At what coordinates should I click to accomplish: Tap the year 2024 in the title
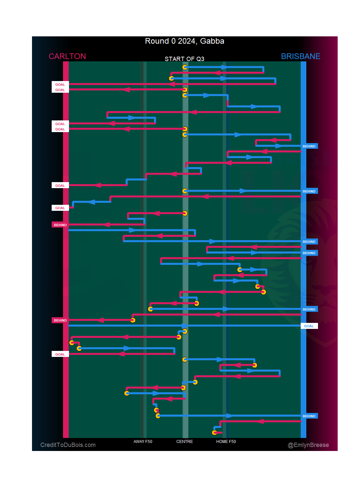[187, 41]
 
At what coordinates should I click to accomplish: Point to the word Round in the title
[157, 41]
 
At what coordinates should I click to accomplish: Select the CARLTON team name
[67, 56]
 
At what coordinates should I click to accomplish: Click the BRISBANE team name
[300, 56]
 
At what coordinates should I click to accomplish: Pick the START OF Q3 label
[184, 59]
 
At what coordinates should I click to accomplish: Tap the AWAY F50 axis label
[143, 442]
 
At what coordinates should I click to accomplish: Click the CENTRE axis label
[185, 442]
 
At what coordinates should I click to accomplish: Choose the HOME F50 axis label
[226, 442]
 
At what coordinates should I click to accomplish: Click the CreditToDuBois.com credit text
[68, 445]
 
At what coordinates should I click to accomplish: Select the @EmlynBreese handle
[308, 445]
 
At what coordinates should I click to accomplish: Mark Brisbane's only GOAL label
[309, 326]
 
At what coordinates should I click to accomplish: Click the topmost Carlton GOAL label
[60, 85]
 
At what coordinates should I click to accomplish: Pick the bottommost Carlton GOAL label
[60, 355]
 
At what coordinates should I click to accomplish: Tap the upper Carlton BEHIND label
[60, 225]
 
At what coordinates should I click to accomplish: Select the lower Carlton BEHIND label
[60, 321]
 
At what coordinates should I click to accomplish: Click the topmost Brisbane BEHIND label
[309, 146]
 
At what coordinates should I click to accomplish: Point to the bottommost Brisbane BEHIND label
[309, 416]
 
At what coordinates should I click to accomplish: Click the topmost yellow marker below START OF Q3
[185, 67]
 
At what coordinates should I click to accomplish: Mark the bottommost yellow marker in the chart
[215, 433]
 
